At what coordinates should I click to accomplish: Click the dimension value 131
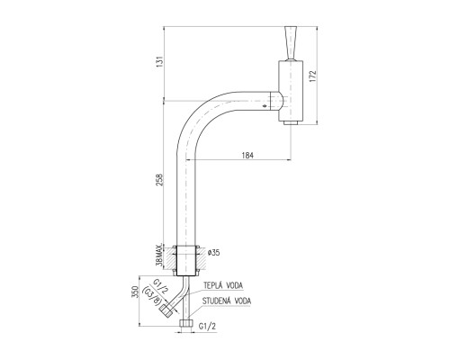[160, 61]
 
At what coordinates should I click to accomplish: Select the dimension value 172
[313, 76]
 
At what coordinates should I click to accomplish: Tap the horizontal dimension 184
[247, 156]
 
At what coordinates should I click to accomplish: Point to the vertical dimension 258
[160, 179]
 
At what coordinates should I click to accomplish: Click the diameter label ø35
[214, 253]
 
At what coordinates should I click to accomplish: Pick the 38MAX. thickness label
[160, 255]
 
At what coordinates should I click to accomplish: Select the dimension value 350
[135, 292]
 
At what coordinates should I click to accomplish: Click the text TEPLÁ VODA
[223, 285]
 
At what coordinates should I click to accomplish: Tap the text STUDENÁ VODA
[227, 301]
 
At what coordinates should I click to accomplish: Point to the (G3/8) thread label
[151, 296]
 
